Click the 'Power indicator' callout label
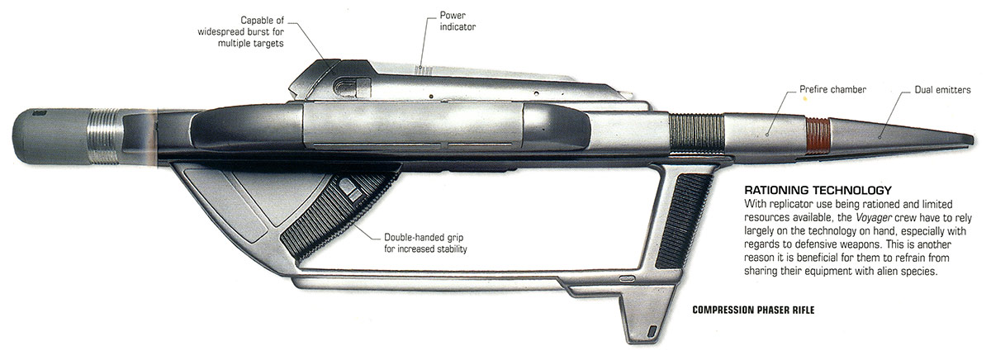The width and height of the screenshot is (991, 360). [458, 21]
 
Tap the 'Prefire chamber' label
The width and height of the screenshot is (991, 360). [832, 88]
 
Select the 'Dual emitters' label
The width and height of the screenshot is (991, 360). [942, 88]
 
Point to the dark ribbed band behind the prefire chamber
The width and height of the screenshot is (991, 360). [697, 135]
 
